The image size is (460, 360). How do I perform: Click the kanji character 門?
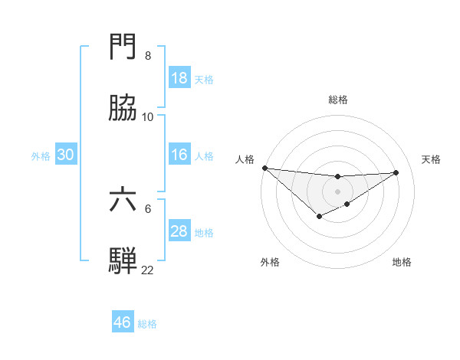point(123,47)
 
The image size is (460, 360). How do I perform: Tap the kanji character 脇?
point(123,110)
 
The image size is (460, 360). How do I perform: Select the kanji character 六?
point(123,200)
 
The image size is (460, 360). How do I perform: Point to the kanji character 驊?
point(123,261)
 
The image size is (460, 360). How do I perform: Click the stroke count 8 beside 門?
point(148,56)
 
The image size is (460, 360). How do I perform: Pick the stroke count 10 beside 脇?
point(148,117)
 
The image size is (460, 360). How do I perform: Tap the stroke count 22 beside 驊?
point(148,270)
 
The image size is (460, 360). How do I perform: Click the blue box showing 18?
point(179,78)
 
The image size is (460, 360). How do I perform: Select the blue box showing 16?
point(179,155)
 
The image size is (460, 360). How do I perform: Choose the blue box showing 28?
point(179,231)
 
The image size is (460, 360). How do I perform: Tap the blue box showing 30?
point(66,155)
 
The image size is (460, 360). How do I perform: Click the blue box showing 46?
point(123,322)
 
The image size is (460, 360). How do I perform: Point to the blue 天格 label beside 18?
point(204,79)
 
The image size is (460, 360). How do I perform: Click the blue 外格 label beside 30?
point(41,156)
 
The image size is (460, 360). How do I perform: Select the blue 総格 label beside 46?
point(147,324)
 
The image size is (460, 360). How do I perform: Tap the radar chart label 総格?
point(337,100)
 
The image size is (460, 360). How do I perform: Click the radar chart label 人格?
point(245,159)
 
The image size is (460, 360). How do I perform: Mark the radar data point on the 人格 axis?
point(264,168)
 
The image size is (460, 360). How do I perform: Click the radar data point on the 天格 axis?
point(396,172)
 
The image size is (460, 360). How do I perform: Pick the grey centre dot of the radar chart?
point(337,191)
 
